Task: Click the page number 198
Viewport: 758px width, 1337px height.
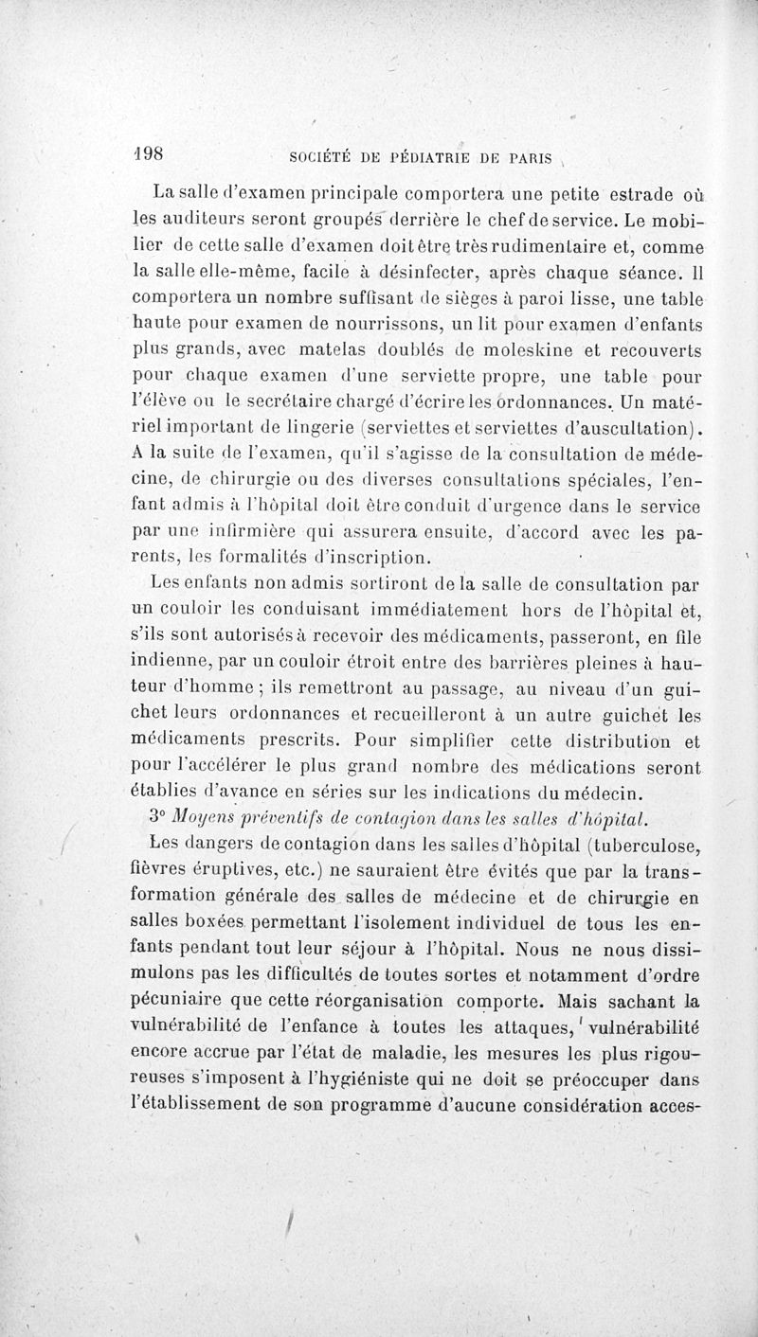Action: pos(147,154)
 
